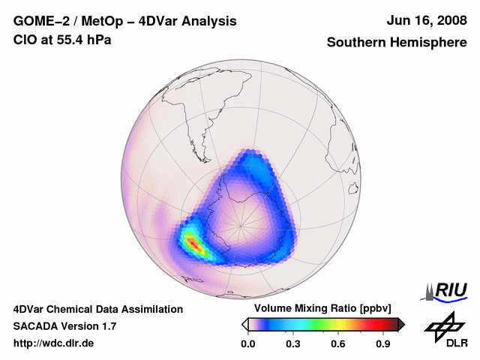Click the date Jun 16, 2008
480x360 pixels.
click(x=427, y=21)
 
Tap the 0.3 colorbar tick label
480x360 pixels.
click(x=293, y=344)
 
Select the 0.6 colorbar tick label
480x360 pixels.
click(x=338, y=344)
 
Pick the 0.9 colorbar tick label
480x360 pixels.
click(x=384, y=344)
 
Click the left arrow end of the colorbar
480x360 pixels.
click(x=244, y=324)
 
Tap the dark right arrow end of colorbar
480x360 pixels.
click(x=401, y=324)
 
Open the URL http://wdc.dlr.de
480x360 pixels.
click(x=54, y=343)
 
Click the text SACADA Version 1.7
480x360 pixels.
click(x=65, y=326)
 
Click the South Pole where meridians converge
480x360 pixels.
click(x=241, y=223)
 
